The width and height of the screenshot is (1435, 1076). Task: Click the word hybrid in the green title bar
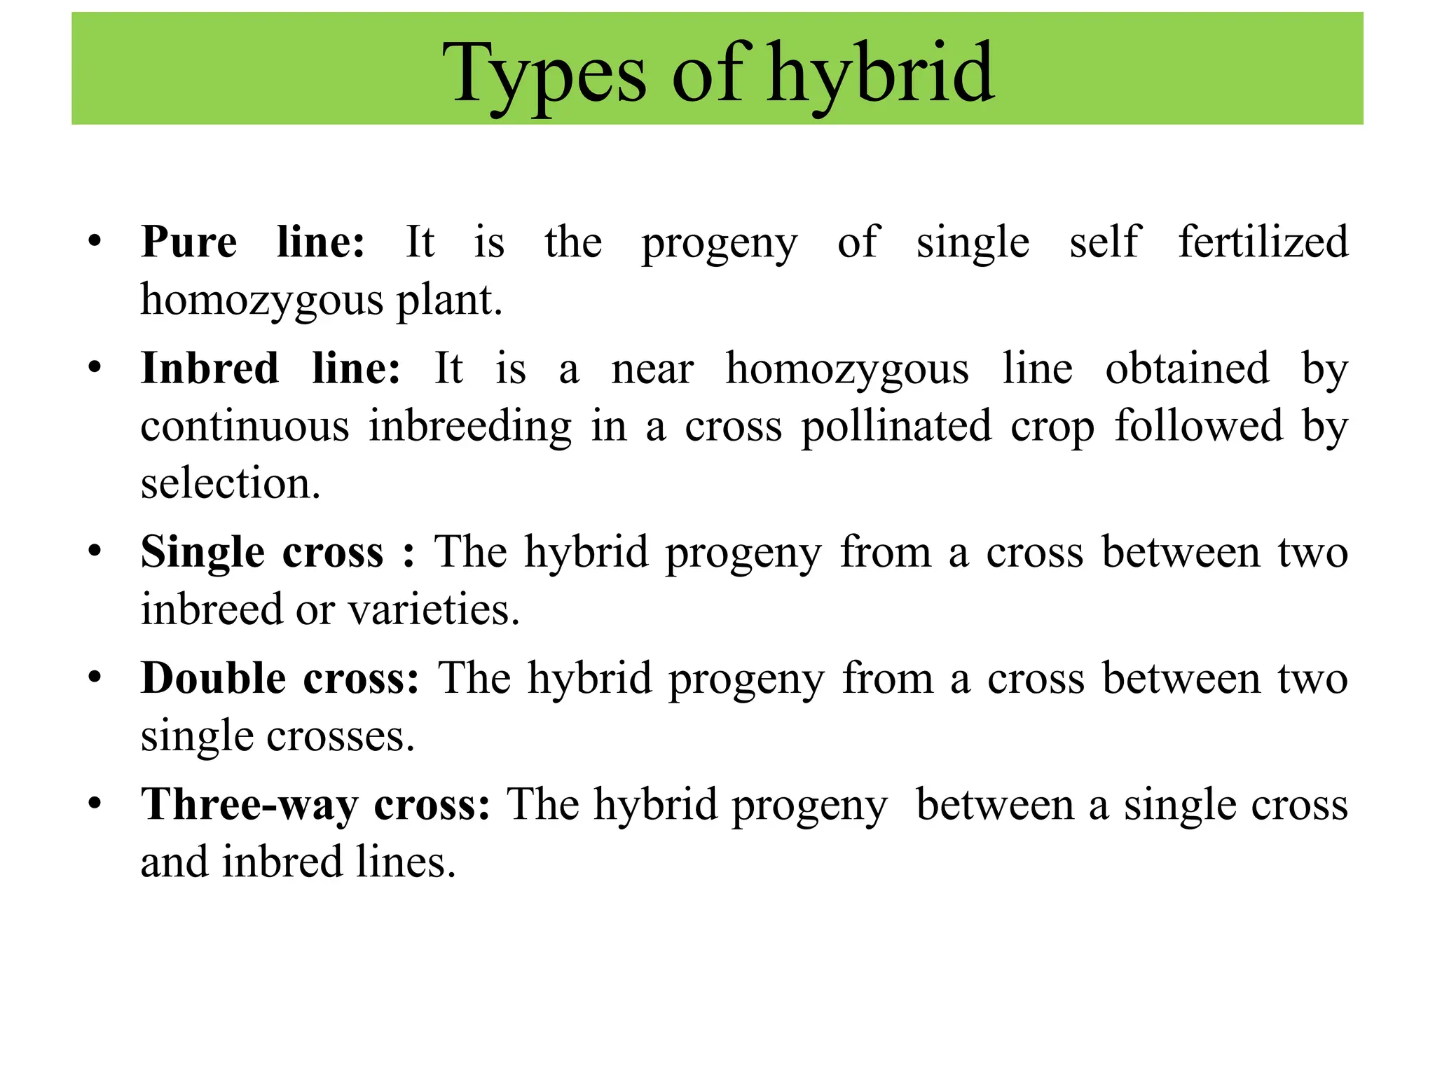881,74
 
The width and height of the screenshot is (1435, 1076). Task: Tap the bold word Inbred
210,368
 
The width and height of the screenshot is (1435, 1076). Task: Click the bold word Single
202,552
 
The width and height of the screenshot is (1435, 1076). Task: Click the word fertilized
1263,242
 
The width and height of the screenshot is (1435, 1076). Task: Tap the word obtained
1187,368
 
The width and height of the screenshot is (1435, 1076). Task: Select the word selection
231,483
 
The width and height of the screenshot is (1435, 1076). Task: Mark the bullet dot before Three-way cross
95,804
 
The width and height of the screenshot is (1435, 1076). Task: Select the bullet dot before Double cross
95,678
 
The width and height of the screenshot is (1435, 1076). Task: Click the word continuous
245,426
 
